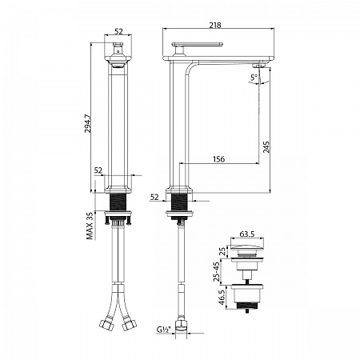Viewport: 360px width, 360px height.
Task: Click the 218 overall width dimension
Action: tap(215, 25)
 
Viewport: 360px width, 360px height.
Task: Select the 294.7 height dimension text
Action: tap(88, 123)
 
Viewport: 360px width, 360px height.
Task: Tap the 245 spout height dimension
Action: tap(266, 147)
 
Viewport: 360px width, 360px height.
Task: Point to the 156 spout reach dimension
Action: tap(218, 159)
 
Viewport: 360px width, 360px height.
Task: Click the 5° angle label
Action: tap(254, 78)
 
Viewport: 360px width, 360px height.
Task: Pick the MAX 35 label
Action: tap(90, 226)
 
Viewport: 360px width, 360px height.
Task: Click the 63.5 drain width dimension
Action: tap(247, 234)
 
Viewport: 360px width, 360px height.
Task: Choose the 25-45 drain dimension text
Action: tap(217, 271)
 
